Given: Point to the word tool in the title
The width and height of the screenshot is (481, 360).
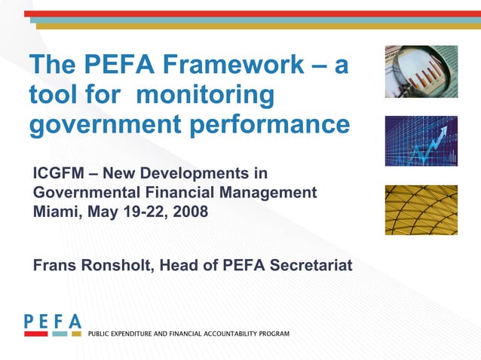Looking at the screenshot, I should point(52,96).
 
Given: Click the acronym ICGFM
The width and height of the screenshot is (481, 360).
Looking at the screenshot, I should point(60,174).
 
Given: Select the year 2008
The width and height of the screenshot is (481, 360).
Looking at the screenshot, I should point(188,211).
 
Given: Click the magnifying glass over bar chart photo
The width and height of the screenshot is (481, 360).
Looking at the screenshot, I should point(421,72).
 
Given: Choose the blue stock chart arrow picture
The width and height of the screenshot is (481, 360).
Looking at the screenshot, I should point(421,141).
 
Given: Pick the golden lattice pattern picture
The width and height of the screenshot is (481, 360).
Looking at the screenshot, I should point(421,209).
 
